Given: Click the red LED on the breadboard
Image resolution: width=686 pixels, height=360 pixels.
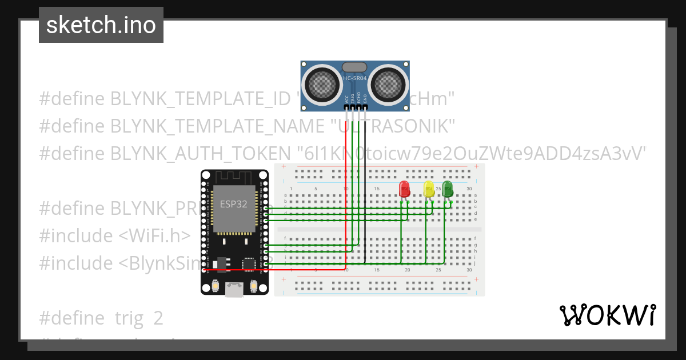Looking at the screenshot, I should (x=405, y=189).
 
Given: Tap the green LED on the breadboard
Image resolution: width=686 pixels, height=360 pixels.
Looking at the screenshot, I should (x=447, y=189).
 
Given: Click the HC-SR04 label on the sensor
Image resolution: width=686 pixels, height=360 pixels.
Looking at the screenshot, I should (x=354, y=78).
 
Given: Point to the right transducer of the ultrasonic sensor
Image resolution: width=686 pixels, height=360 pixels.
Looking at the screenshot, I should (x=390, y=83).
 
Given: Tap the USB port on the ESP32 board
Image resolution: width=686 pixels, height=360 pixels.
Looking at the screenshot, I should (x=234, y=289).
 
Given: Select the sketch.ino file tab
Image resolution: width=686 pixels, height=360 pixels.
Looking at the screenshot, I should (x=101, y=25).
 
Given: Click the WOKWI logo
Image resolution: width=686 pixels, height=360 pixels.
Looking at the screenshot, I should (x=607, y=315).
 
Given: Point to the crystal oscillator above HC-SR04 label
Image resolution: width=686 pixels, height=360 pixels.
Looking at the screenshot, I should (x=354, y=67).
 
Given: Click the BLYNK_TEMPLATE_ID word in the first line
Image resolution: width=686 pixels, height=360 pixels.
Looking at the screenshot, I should (x=200, y=98).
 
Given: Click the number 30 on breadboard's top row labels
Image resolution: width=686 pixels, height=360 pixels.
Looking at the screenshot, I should (x=469, y=189).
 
